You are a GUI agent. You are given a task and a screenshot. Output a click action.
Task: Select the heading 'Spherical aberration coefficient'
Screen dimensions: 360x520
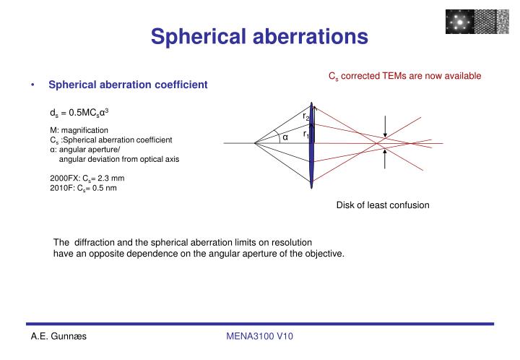coord(128,85)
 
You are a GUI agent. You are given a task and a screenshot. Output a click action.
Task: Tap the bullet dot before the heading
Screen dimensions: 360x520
coord(34,85)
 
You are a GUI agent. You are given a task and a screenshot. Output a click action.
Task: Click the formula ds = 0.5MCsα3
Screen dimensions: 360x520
coord(79,113)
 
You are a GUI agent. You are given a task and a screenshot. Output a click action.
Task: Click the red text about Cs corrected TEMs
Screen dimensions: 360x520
coord(404,75)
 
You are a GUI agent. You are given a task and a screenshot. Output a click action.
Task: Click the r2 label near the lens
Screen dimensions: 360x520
coord(306,117)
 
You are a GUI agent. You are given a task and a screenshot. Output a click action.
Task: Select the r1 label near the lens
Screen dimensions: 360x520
coord(306,134)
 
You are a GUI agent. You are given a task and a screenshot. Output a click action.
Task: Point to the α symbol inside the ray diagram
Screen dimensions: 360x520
coord(285,137)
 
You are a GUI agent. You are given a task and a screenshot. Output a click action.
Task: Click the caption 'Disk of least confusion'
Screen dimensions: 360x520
coord(383,205)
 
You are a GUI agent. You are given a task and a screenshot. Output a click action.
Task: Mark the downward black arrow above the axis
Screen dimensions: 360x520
coord(387,127)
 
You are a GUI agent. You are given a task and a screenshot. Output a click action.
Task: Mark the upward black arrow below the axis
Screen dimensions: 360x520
coord(387,160)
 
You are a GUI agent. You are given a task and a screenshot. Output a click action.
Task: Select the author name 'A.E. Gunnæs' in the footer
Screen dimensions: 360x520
coord(58,337)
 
